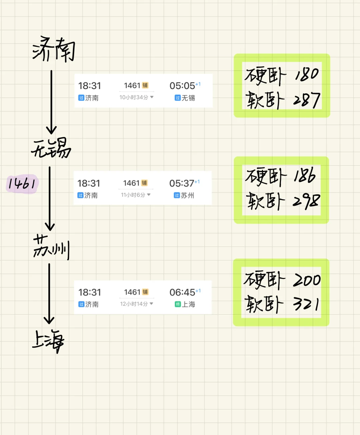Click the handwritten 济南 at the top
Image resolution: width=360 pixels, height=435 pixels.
[54, 49]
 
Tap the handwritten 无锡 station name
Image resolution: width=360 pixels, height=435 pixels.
[51, 148]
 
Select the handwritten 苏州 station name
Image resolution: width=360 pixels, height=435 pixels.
[51, 247]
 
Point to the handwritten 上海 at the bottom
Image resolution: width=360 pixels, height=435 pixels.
[48, 341]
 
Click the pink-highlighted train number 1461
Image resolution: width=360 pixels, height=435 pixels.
[22, 183]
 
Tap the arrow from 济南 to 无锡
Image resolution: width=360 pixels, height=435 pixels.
[51, 102]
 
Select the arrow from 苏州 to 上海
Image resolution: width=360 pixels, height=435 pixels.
[49, 293]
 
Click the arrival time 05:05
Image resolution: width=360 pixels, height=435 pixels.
[182, 86]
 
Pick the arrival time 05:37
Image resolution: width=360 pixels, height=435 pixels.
[182, 183]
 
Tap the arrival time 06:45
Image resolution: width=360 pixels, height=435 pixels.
[182, 292]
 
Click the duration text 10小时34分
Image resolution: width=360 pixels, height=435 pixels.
[134, 97]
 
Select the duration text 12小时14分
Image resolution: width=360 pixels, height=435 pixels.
[134, 304]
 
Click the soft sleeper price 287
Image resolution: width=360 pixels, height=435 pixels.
[307, 100]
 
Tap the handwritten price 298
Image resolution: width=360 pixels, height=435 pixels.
[306, 201]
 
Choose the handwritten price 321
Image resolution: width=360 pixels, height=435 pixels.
[306, 304]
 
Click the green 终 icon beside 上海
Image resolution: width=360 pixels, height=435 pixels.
[178, 304]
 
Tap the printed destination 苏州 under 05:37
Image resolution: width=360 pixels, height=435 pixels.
[187, 195]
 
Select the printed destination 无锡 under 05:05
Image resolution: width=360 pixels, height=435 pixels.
[188, 98]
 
